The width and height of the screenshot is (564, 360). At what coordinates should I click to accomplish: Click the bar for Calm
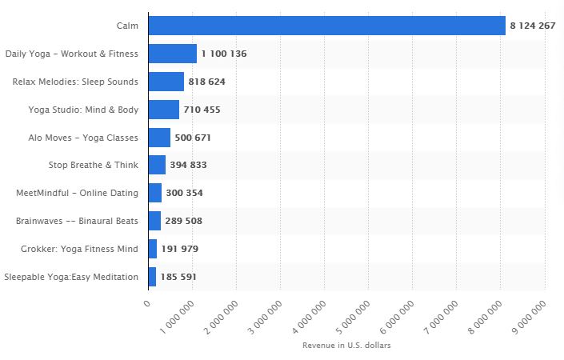tap(326, 26)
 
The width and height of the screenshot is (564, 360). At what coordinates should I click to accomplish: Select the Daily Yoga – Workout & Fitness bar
tap(172, 54)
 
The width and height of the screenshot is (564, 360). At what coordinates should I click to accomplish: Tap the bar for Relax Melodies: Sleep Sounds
tap(166, 82)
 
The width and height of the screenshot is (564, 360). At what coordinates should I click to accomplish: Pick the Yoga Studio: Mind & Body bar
tap(163, 110)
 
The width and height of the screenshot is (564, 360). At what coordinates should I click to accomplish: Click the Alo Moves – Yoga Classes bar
tap(159, 138)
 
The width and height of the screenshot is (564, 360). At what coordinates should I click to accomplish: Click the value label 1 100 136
tap(224, 54)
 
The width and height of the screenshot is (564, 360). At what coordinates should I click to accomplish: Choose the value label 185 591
tap(178, 278)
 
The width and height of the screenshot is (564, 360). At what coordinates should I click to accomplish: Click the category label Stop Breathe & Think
tap(93, 166)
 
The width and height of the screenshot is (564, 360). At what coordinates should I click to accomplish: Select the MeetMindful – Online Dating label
tap(77, 194)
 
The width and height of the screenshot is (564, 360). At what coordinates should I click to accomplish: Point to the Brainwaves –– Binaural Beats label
tap(77, 222)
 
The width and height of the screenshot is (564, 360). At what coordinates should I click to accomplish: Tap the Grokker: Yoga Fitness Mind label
tap(79, 250)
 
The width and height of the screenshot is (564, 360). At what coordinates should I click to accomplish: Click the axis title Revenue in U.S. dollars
tap(346, 346)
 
